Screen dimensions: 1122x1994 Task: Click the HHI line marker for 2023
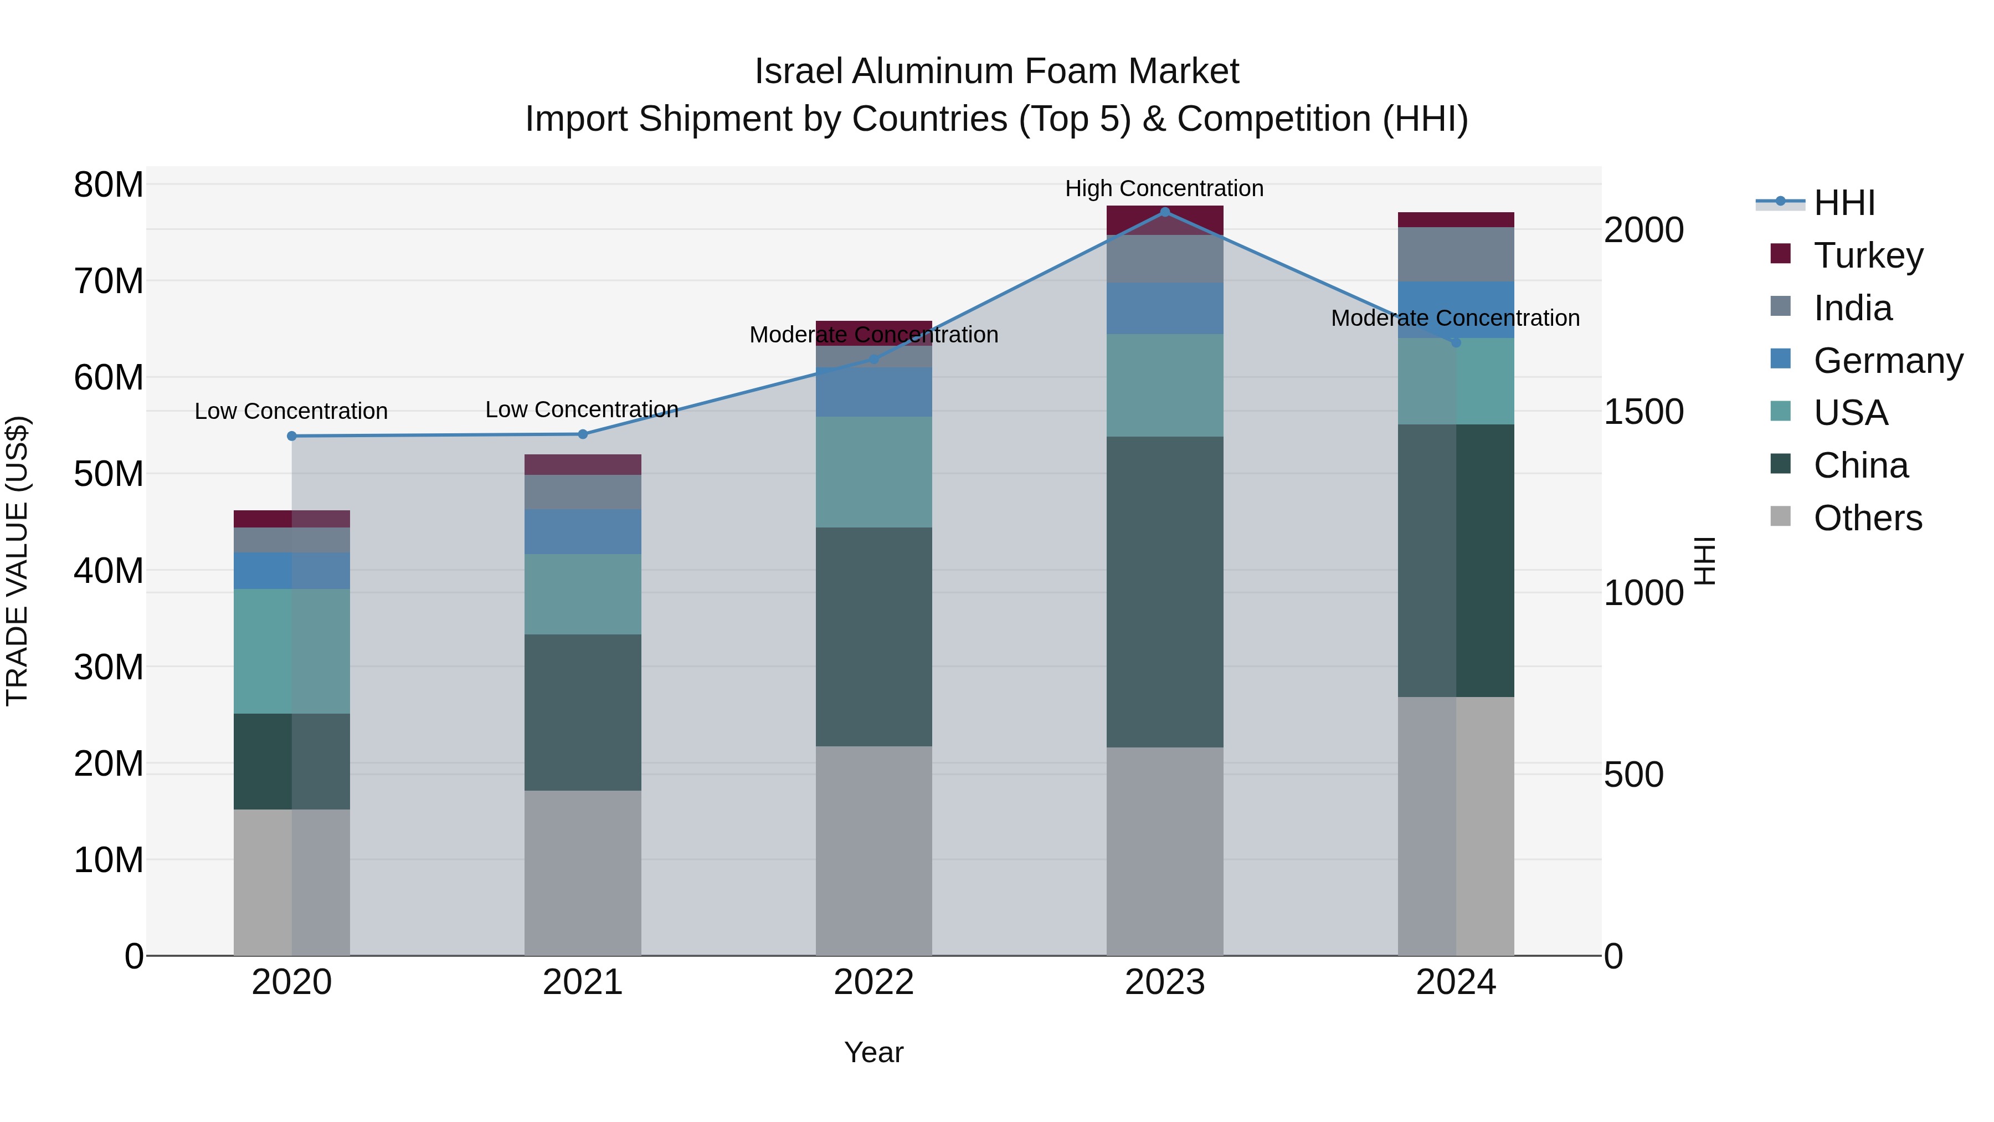(x=1164, y=212)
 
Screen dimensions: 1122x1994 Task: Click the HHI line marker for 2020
(x=292, y=436)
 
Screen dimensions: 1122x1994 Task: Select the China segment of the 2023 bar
(x=1164, y=592)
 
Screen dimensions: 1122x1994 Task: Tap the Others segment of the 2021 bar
(x=582, y=873)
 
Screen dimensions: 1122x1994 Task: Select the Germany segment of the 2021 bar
(x=582, y=532)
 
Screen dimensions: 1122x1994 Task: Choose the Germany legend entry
(x=1887, y=361)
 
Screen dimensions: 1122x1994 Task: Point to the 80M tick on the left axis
(x=109, y=185)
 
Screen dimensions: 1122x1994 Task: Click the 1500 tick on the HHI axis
(x=1643, y=412)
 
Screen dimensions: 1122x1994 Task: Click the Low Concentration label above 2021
(x=582, y=409)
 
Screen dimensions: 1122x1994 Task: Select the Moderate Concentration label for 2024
(x=1455, y=317)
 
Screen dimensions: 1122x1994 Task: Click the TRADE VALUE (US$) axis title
(x=17, y=561)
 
